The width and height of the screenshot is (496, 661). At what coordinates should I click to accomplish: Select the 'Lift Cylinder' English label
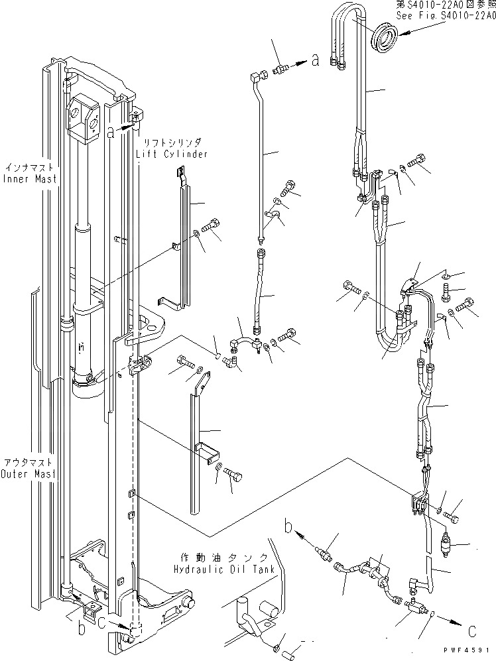click(172, 154)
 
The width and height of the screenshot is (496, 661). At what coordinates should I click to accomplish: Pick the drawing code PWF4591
click(468, 650)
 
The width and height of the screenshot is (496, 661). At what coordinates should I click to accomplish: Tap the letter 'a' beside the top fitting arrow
click(315, 61)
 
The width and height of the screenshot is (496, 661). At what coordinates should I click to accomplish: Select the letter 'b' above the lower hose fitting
click(288, 527)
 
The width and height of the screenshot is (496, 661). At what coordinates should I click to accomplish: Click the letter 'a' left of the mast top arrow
click(111, 132)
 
